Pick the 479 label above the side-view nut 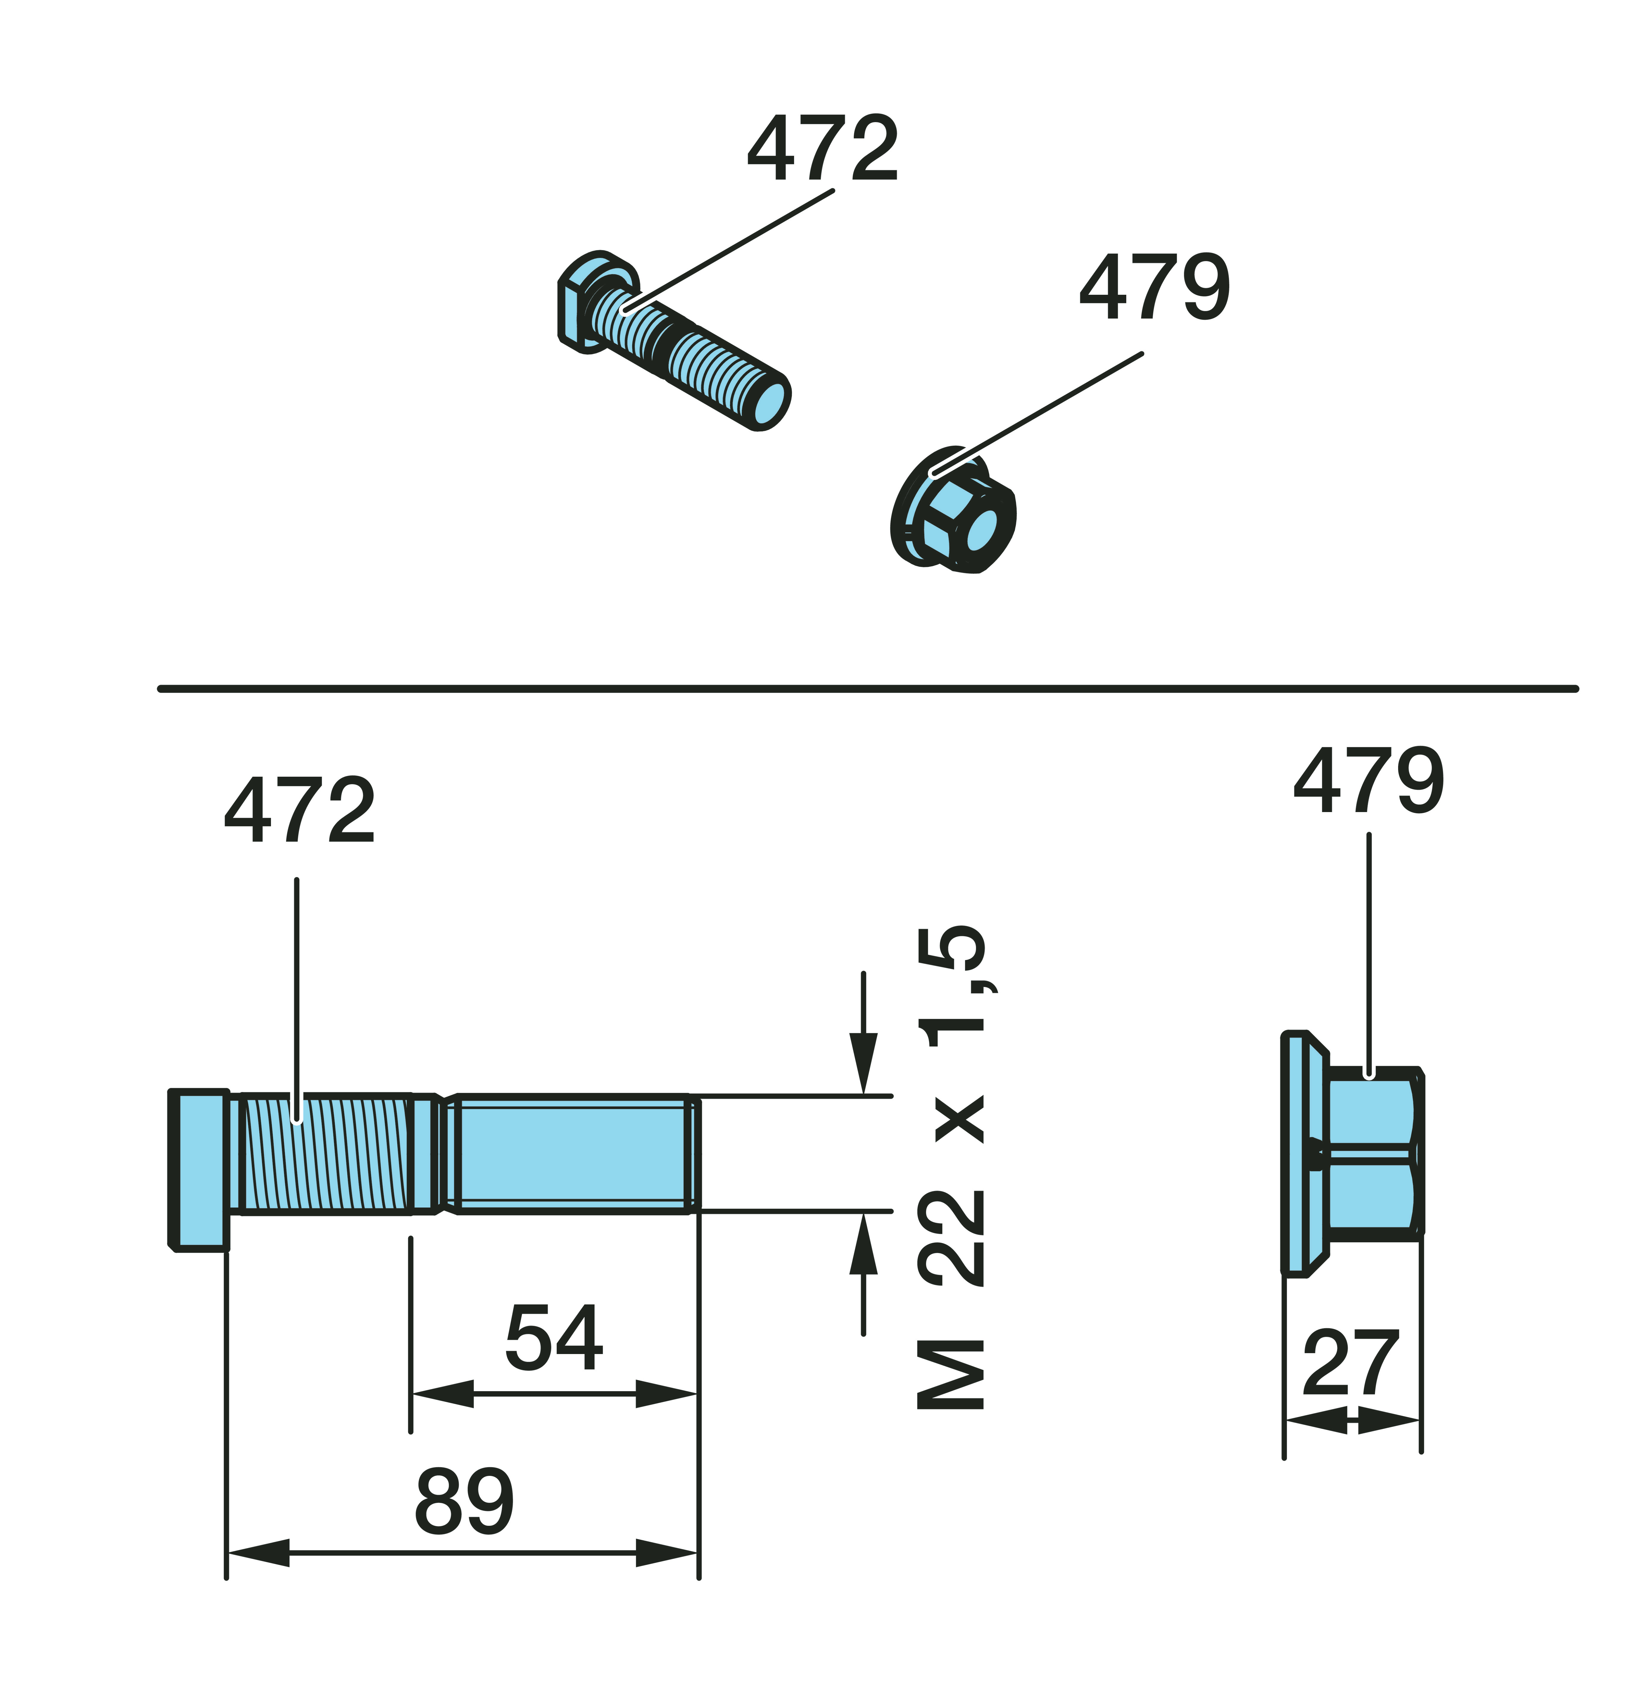tap(1369, 780)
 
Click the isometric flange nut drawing tap(953, 510)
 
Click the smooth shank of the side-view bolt tap(572, 1154)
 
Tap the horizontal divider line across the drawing tap(868, 689)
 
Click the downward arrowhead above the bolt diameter tap(863, 1064)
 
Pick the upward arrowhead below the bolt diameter tap(863, 1243)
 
